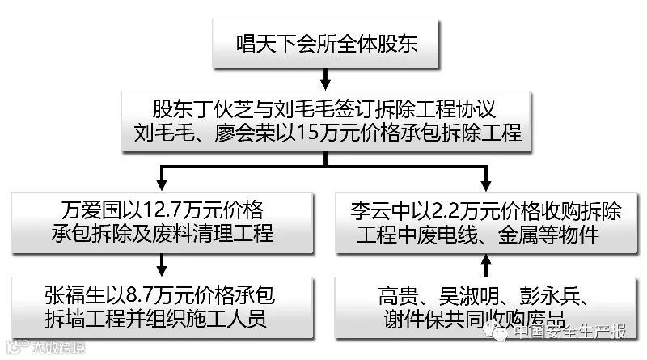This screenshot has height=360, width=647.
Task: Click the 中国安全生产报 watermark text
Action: [x=570, y=332]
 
